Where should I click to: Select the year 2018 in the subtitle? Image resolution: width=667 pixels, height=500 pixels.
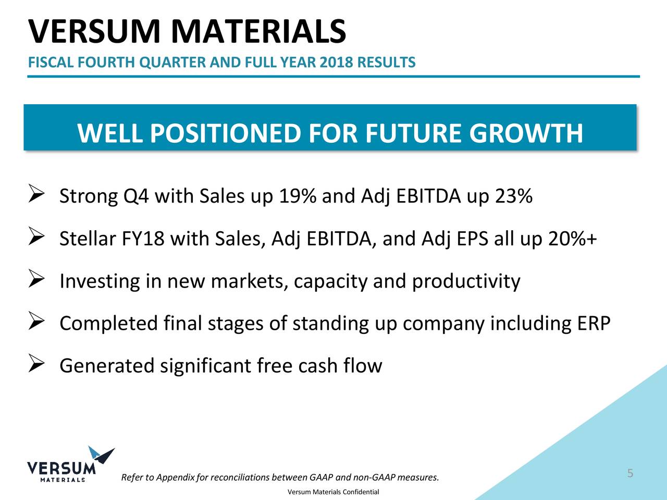click(x=336, y=63)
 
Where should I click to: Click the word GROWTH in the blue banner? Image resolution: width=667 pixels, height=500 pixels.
click(x=525, y=133)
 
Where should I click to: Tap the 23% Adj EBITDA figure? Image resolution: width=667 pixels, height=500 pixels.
click(x=513, y=196)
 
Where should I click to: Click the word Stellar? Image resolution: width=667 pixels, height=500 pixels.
click(x=88, y=239)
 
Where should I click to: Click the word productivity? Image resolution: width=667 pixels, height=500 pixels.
click(x=466, y=282)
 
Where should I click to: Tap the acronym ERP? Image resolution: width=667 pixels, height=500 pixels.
click(x=593, y=323)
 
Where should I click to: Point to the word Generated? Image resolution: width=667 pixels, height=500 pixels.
click(x=107, y=366)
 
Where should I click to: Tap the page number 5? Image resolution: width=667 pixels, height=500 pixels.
click(x=630, y=473)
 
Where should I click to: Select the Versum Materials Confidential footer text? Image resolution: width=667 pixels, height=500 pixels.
click(x=333, y=492)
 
